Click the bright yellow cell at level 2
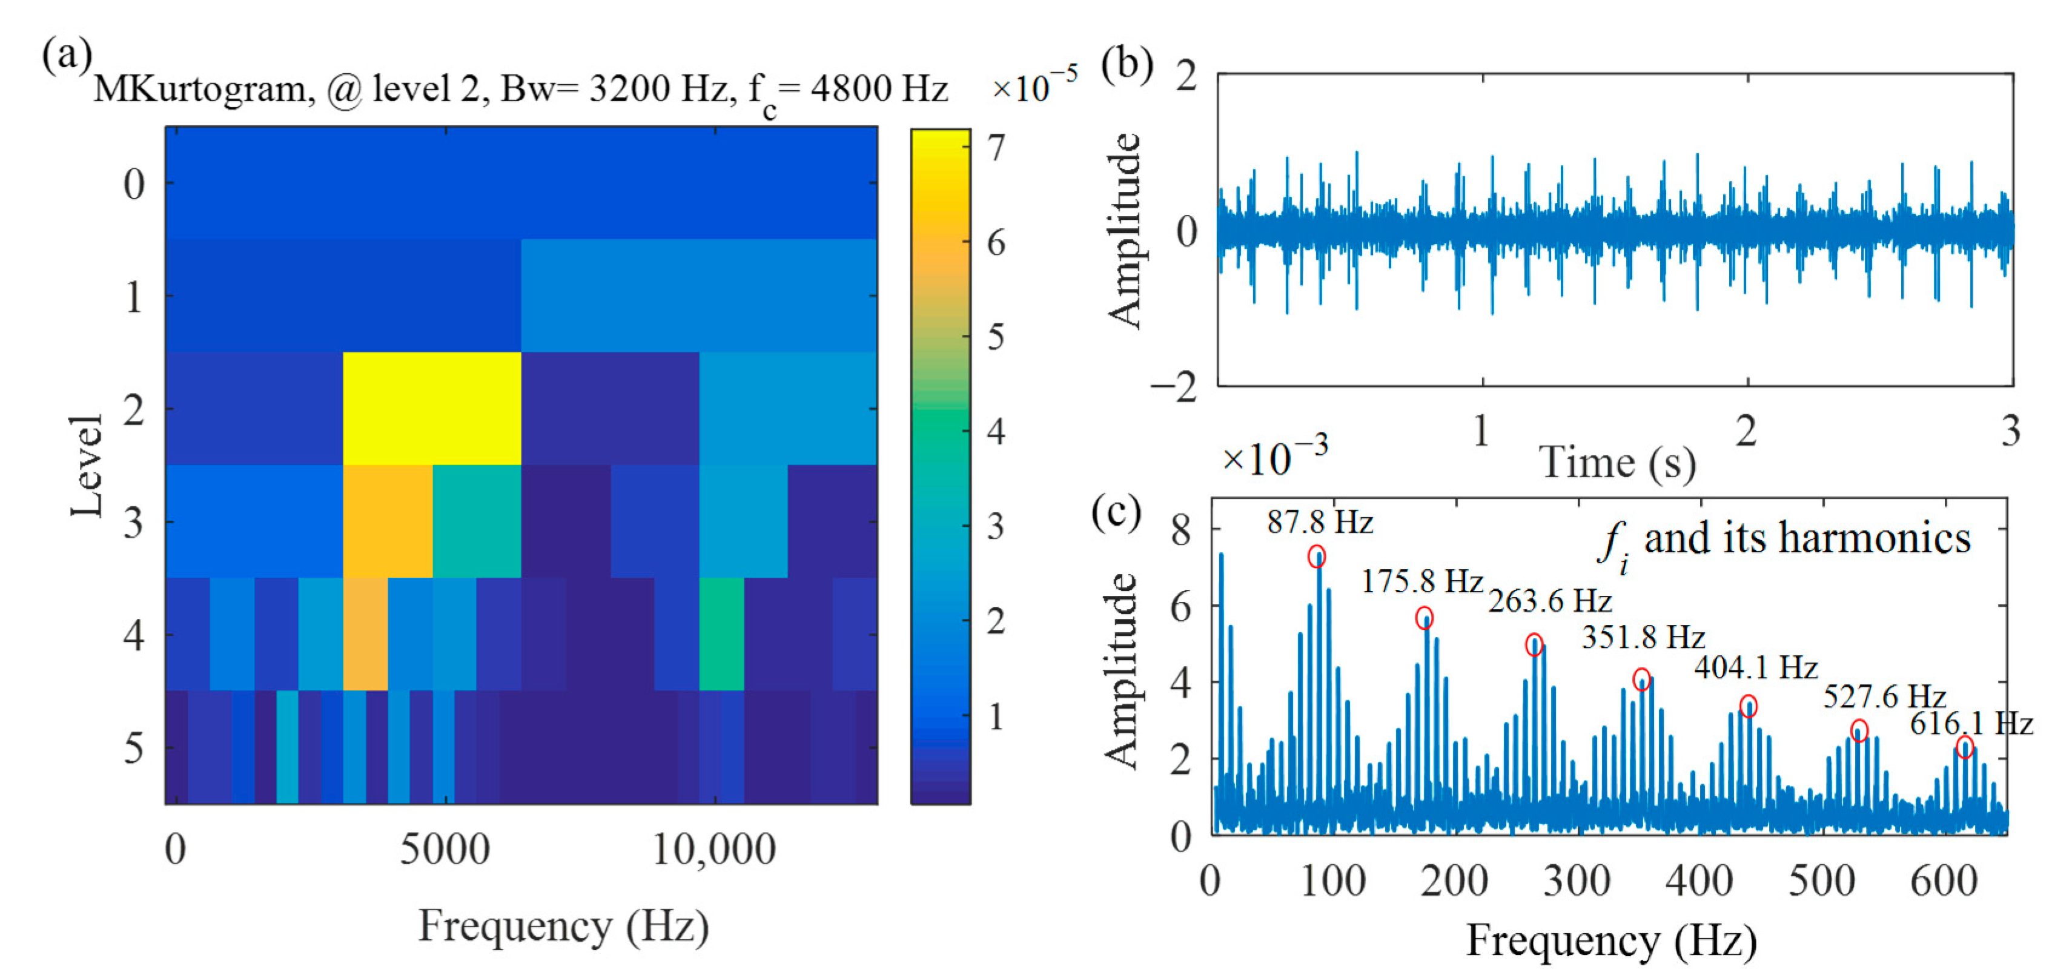point(432,408)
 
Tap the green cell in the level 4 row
point(721,634)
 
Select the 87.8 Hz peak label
point(1320,523)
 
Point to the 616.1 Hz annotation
point(1971,723)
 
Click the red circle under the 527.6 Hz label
point(1858,730)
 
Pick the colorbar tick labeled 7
point(996,148)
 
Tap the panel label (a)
point(67,56)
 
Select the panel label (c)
point(1115,511)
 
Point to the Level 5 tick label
point(134,748)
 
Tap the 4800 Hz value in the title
point(879,88)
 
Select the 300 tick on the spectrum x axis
point(1577,881)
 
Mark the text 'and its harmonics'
point(1807,538)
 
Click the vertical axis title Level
point(86,465)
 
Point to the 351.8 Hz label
point(1643,637)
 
